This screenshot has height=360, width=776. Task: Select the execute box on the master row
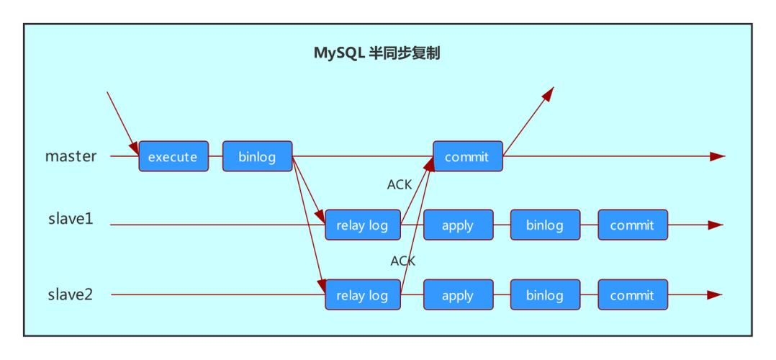click(x=173, y=156)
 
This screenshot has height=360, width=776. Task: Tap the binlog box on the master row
click(x=257, y=156)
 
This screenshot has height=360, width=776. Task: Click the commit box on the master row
click(x=467, y=156)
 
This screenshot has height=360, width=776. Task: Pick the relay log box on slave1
click(x=361, y=225)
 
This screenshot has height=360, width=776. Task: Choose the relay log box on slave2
click(x=361, y=295)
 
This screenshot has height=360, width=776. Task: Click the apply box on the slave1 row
click(x=458, y=225)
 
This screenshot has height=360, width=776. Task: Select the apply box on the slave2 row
click(x=458, y=295)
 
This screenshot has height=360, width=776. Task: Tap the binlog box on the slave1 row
click(x=545, y=225)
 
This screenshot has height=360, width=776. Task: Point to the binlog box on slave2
click(x=545, y=295)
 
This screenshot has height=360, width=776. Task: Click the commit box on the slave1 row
click(x=632, y=225)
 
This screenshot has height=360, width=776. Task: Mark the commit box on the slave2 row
click(x=632, y=295)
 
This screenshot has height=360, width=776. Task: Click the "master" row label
click(x=71, y=156)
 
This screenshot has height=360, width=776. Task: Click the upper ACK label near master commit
click(x=400, y=185)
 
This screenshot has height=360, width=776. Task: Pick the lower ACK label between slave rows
click(x=403, y=261)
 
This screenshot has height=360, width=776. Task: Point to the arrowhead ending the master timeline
click(x=717, y=156)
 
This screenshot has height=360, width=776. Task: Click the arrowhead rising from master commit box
click(x=549, y=93)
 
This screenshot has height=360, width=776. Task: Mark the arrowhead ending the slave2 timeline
click(x=714, y=295)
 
